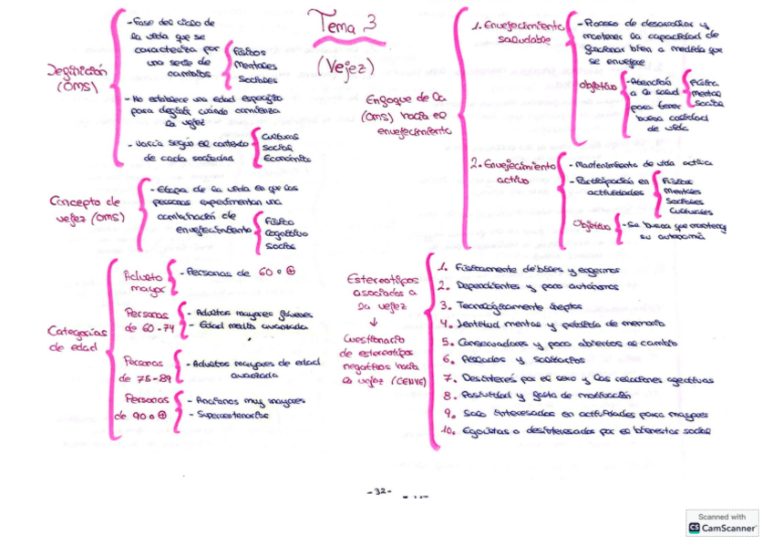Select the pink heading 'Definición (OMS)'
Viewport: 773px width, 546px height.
pyautogui.click(x=77, y=77)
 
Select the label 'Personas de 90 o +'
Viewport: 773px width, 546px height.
pyautogui.click(x=140, y=407)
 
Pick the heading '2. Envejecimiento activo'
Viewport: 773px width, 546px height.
pyautogui.click(x=514, y=172)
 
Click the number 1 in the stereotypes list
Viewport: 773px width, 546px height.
pyautogui.click(x=441, y=269)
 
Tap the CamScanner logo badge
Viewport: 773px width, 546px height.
pyautogui.click(x=722, y=522)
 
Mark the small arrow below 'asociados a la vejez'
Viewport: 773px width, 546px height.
pyautogui.click(x=374, y=321)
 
